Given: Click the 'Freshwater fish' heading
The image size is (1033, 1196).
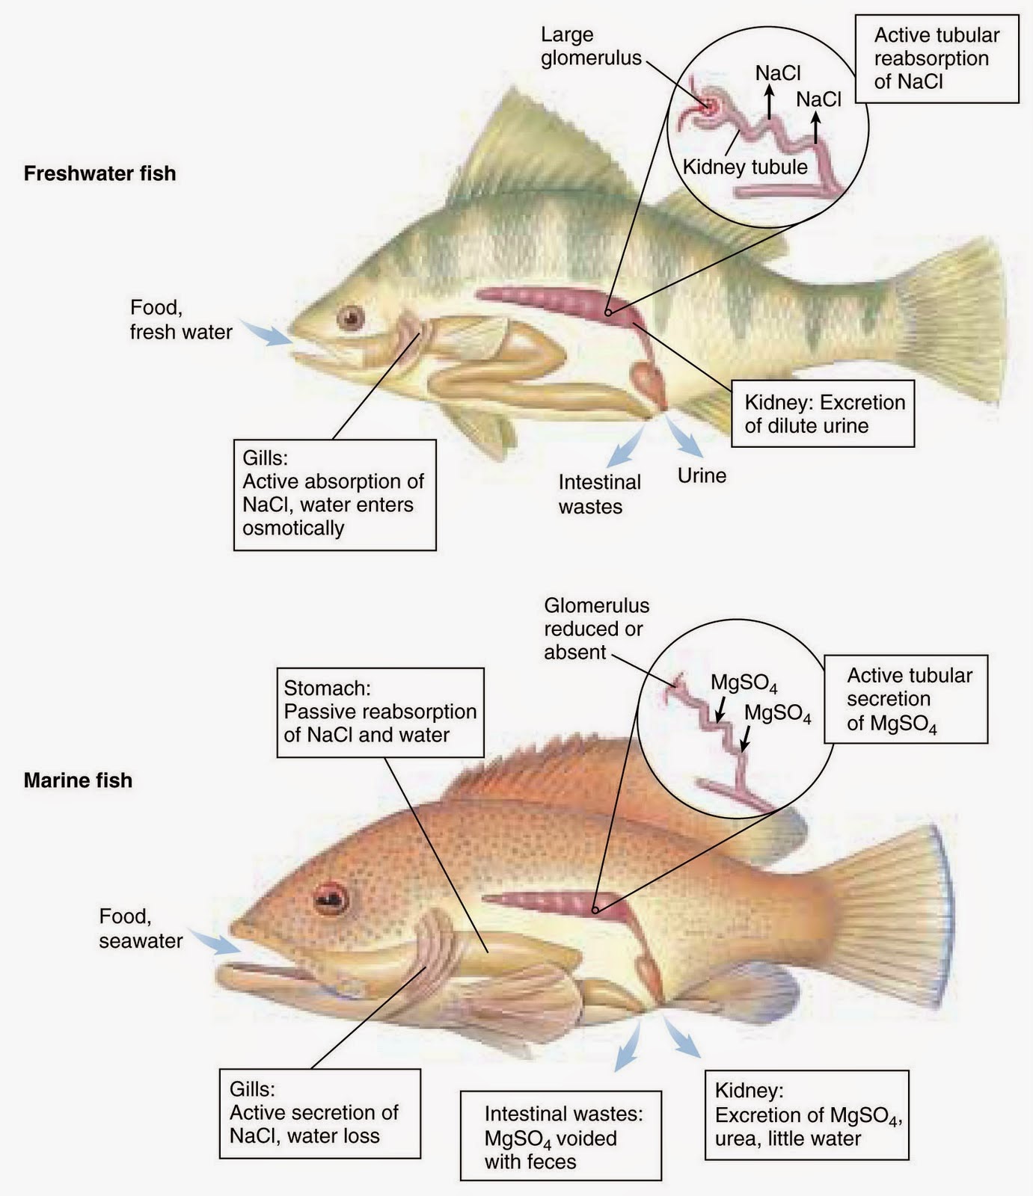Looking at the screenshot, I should coord(99,173).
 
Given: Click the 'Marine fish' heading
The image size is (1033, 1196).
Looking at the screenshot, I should coord(78,780).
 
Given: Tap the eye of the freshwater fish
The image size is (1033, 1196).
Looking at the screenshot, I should coord(349,318).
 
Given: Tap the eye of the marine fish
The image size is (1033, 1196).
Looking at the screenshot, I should coord(331,898).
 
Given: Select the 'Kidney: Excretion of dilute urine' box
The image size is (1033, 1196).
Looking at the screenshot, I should coord(823,414).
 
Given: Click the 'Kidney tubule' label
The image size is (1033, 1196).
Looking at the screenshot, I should coord(746,167).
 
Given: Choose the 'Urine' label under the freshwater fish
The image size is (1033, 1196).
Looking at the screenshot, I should coord(702,475).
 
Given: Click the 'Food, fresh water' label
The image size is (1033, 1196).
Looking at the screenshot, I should coord(180,320).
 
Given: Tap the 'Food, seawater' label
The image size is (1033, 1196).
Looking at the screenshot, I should coord(141,928).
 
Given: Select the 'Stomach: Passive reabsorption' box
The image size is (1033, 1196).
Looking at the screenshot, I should coord(380,712).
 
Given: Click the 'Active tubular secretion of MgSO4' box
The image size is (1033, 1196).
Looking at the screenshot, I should coord(906,700).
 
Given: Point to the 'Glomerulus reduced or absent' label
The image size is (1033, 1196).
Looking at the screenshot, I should coord(596,629).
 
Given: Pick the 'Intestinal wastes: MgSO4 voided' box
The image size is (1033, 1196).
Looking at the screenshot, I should coord(560,1137).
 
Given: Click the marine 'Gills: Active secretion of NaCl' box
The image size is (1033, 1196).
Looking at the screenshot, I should coord(319,1113).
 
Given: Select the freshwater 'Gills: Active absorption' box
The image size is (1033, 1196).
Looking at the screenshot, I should coord(334,495).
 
